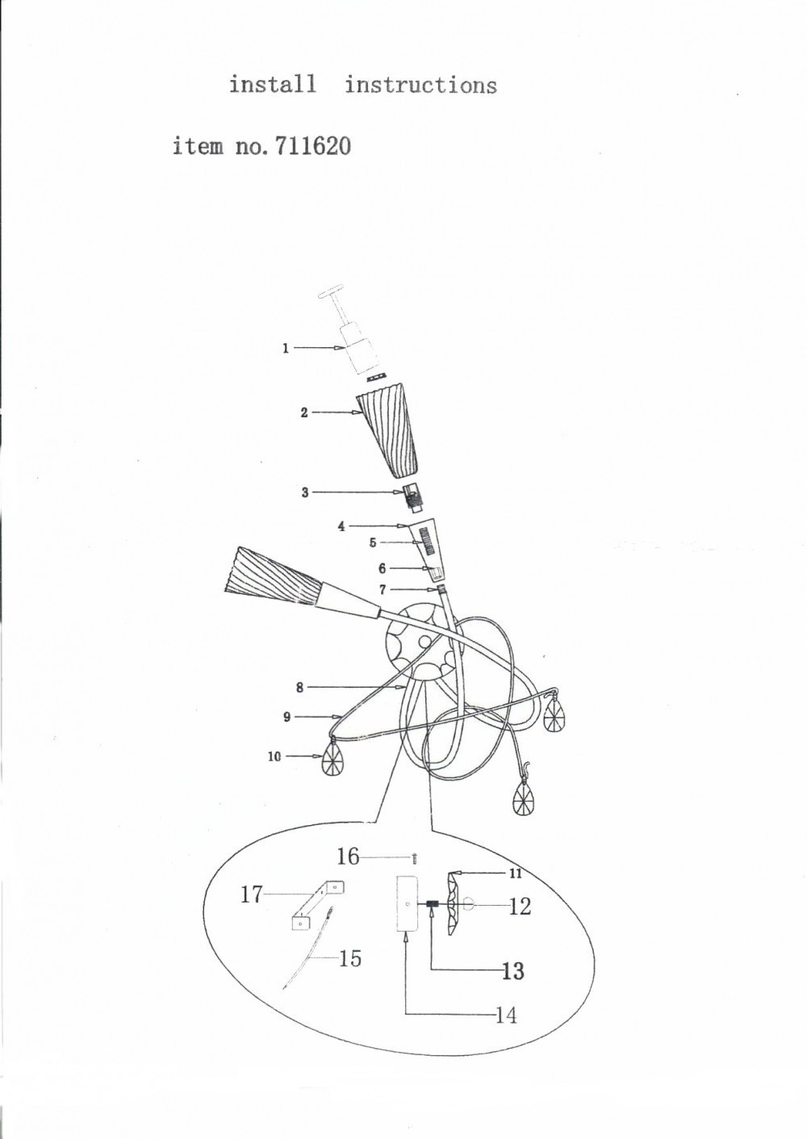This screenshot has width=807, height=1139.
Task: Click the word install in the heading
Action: [273, 84]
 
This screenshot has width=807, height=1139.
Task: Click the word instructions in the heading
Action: [420, 85]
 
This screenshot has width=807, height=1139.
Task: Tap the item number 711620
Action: [312, 147]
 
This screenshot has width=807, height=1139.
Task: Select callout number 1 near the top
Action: [286, 348]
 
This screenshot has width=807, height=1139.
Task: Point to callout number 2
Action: [304, 412]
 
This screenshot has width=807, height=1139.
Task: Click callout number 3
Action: [305, 492]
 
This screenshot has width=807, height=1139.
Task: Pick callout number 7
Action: [383, 590]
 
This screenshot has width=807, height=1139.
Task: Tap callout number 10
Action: [274, 756]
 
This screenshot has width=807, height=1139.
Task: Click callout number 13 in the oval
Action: [513, 970]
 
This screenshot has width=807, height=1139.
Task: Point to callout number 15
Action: [349, 958]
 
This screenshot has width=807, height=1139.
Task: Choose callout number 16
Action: [348, 856]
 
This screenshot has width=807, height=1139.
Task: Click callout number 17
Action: [251, 894]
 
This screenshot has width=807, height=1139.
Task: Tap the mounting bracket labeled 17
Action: [318, 906]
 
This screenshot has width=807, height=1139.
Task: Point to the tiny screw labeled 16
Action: [415, 858]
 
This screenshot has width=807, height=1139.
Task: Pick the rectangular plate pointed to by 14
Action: [408, 903]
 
